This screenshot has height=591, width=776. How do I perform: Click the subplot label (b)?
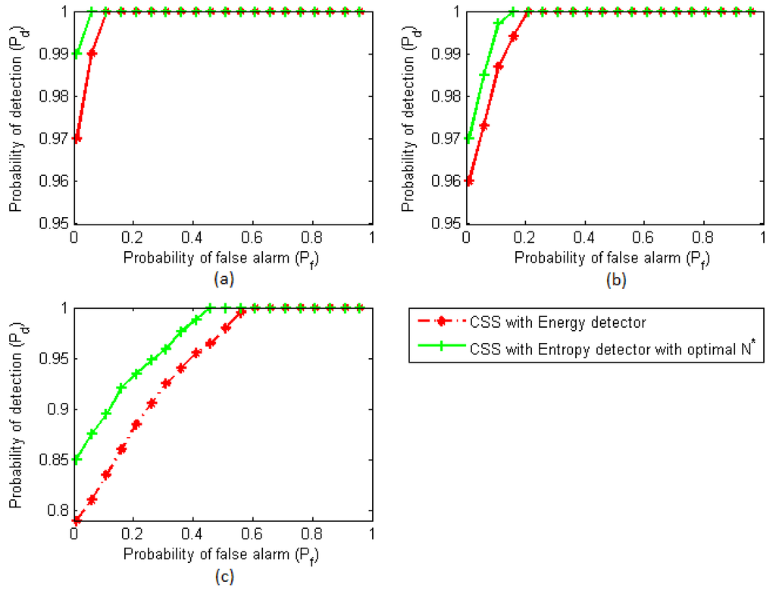[x=615, y=279]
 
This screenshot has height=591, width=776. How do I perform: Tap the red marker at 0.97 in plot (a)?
[x=77, y=139]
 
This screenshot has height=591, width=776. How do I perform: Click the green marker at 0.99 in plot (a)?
[x=77, y=54]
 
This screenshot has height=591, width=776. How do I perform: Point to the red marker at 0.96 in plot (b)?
[x=468, y=181]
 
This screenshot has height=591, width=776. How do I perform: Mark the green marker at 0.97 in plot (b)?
[x=468, y=139]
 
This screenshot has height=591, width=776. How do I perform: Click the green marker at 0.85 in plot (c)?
[x=77, y=459]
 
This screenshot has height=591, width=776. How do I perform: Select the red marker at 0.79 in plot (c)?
[x=77, y=520]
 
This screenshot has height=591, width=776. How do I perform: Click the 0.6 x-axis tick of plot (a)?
[x=252, y=237]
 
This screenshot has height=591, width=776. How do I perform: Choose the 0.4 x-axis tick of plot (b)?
[x=585, y=237]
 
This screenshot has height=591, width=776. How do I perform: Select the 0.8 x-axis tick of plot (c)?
[x=312, y=533]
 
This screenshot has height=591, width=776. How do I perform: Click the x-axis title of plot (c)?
[x=222, y=554]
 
